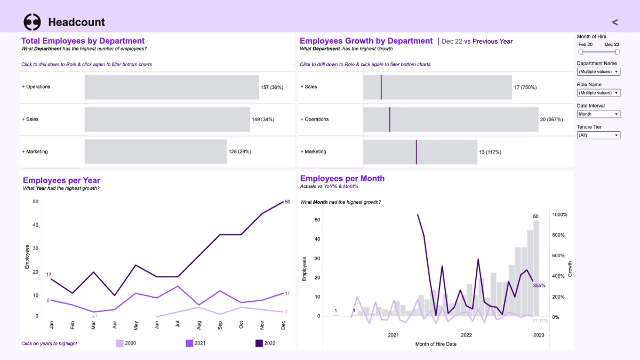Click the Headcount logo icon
click(x=32, y=22)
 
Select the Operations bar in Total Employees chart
click(x=172, y=87)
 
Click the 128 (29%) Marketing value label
click(x=239, y=152)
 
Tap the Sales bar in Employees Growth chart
click(x=437, y=87)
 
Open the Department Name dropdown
click(x=598, y=71)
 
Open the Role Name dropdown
click(x=598, y=93)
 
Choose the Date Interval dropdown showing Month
click(x=598, y=114)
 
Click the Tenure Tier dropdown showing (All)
click(x=598, y=135)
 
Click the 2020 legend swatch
click(x=120, y=343)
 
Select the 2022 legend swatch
click(x=259, y=343)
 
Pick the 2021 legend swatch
click(x=189, y=343)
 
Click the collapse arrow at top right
click(x=615, y=22)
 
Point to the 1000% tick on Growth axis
click(x=560, y=215)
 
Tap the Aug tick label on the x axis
click(x=199, y=325)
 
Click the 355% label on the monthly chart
click(x=539, y=286)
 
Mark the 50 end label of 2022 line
click(x=287, y=202)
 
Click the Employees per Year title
click(x=61, y=180)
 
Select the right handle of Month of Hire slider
click(x=617, y=52)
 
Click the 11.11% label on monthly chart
click(x=540, y=321)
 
